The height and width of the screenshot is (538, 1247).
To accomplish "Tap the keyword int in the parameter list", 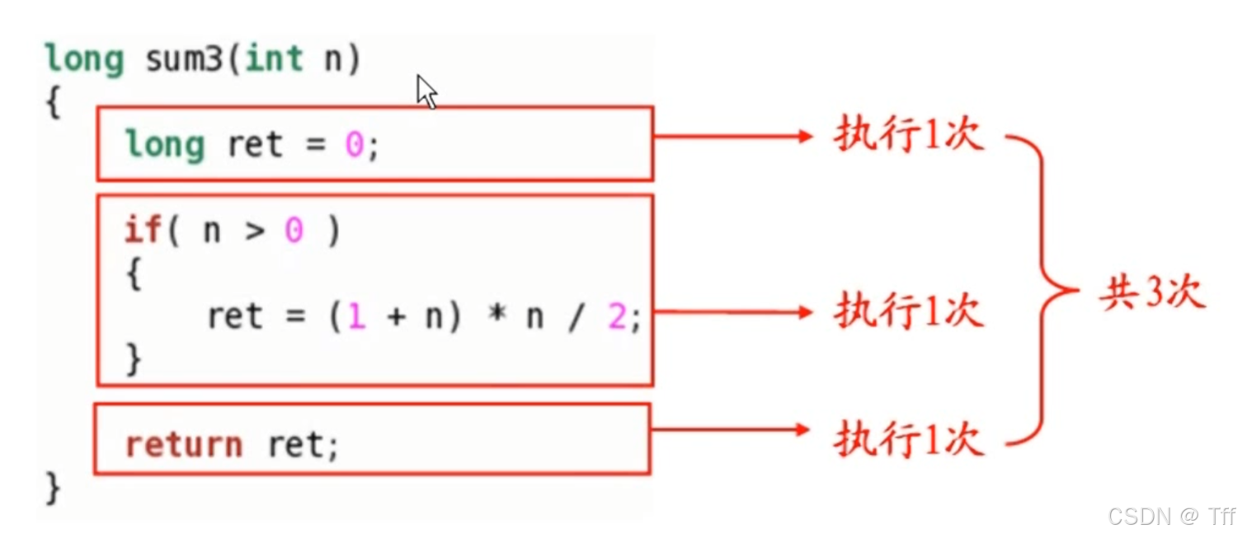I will coord(274,59).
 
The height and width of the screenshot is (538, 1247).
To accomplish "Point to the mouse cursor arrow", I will coord(426,91).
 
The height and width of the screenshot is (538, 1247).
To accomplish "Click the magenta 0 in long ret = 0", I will coord(354,145).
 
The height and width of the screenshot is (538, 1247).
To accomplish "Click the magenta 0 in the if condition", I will coord(294,231).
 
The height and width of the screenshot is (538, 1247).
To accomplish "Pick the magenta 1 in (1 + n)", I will coord(355,317).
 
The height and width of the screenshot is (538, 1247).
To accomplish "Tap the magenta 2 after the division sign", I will coord(616,317).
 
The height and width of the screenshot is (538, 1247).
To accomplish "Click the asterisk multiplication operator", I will coord(496,317).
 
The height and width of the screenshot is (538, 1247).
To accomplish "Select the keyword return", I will coord(183,445).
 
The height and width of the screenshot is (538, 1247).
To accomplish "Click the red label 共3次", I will coord(1152,292).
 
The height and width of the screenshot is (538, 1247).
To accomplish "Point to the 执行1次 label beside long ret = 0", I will coord(909,136).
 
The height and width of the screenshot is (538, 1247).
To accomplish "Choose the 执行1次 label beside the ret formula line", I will coord(909,312).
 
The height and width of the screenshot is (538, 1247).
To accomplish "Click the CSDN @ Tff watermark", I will coord(1171,517).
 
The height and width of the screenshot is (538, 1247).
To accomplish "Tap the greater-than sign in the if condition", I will coord(253,232).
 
